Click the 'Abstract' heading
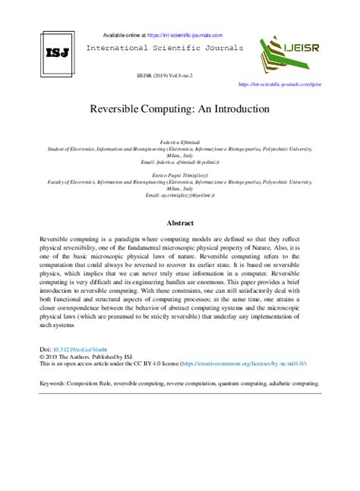point(179,224)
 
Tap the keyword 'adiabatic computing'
point(292,384)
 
